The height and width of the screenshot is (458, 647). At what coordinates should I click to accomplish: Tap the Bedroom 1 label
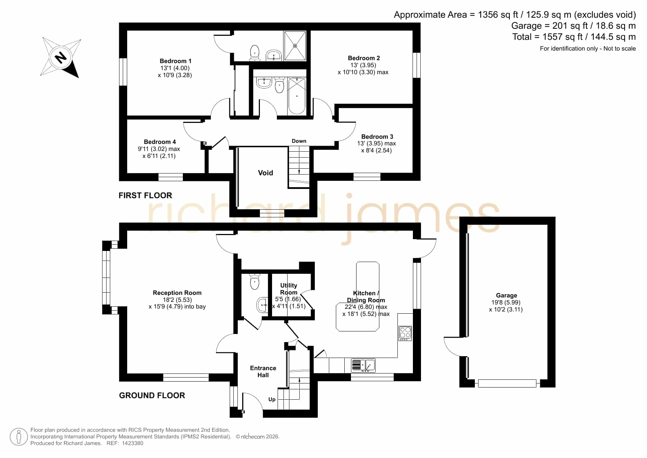175,61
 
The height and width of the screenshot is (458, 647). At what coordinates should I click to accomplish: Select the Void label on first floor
265,173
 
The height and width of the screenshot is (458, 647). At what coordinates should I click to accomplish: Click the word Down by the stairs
299,141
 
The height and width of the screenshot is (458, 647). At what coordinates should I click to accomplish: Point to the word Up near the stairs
272,399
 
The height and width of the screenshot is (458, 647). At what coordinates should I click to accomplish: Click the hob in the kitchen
405,333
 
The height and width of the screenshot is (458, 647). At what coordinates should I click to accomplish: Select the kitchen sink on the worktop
363,365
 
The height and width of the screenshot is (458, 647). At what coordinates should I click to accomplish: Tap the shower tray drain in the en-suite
295,46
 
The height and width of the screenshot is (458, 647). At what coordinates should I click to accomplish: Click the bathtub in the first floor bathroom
297,96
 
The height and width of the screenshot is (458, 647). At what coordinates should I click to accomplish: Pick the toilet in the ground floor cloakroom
254,282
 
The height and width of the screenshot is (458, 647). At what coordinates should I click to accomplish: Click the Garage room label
507,295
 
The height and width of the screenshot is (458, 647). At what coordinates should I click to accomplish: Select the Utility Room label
289,289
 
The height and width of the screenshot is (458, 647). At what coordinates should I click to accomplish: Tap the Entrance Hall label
263,371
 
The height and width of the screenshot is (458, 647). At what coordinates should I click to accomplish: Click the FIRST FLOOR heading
145,195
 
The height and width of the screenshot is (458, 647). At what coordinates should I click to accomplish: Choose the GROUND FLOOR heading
152,395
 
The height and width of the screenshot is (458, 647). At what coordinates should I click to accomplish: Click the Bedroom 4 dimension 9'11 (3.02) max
159,149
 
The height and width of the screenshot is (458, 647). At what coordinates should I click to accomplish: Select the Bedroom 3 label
377,137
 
